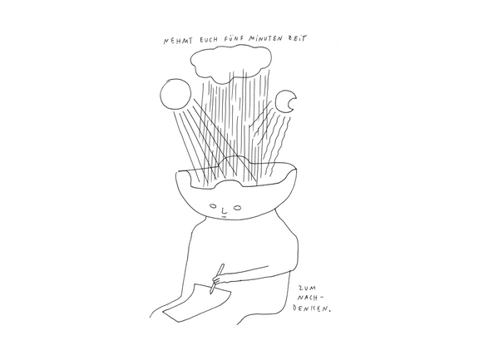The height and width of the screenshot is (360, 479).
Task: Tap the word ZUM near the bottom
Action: (305, 288)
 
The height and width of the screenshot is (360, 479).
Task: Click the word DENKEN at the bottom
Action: (310, 308)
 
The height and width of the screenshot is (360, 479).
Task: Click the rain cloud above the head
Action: (230, 63)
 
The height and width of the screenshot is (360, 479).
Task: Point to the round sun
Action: (175, 94)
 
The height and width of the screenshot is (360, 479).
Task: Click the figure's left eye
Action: (214, 206)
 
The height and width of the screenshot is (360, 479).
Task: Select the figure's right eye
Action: (237, 208)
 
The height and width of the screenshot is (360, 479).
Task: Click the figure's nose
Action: (225, 210)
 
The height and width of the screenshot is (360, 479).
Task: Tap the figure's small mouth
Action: (224, 217)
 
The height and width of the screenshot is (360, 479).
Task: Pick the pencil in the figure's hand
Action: (217, 279)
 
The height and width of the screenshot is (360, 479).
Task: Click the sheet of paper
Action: (197, 303)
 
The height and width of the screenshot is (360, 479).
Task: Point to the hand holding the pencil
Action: (218, 280)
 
